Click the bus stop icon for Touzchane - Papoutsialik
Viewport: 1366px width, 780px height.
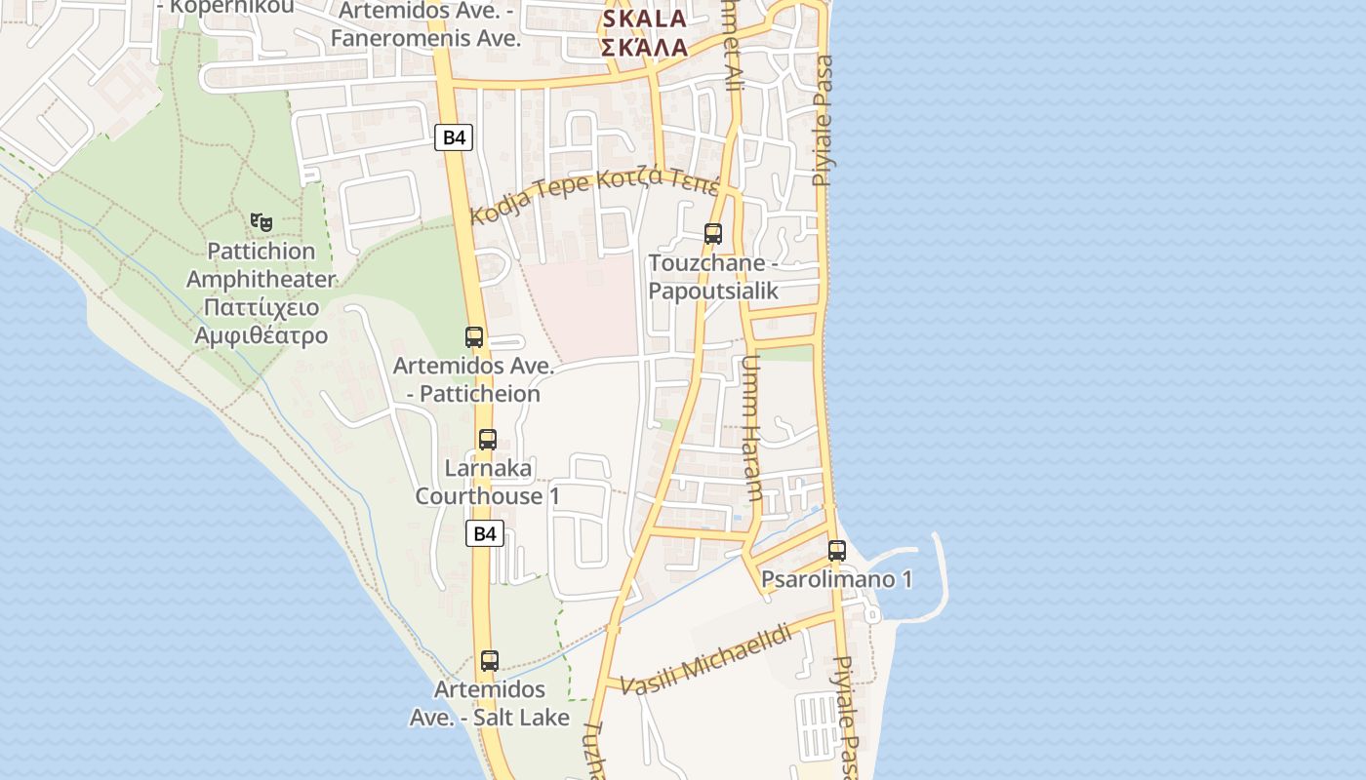[713, 234]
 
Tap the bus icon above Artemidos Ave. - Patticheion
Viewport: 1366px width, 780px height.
[474, 337]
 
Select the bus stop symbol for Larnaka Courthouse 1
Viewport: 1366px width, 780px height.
[488, 439]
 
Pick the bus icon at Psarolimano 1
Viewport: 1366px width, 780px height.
[836, 550]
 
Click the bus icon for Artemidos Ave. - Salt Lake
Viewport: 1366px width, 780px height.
[490, 660]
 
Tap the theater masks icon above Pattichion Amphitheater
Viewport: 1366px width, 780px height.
[261, 222]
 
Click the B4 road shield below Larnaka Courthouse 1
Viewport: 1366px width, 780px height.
[485, 533]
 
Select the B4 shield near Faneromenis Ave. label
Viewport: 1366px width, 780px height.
[454, 137]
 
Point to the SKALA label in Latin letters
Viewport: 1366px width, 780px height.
[644, 19]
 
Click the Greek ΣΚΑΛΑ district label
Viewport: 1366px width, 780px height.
[644, 47]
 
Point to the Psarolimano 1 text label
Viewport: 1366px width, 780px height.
[836, 579]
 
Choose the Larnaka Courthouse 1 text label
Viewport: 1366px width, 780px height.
[488, 482]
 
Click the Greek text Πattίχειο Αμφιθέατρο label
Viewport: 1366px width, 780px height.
[261, 322]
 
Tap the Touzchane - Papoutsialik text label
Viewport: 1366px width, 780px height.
[713, 277]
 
